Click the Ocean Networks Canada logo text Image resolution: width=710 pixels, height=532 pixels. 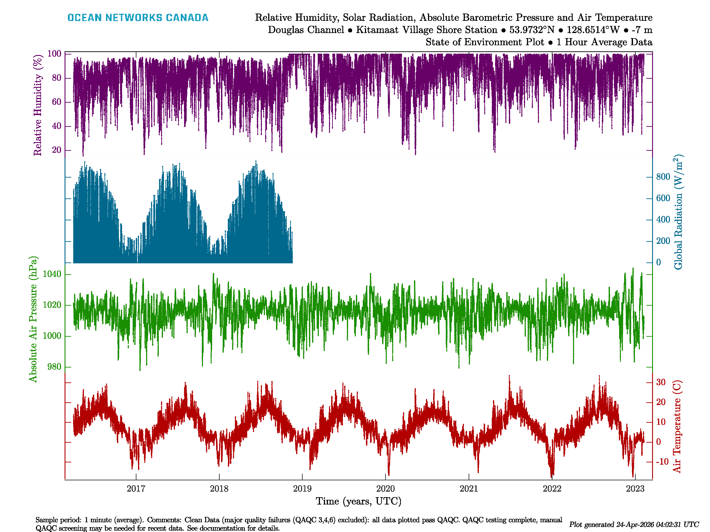[138, 18]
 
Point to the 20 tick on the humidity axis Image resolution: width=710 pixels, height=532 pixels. [57, 150]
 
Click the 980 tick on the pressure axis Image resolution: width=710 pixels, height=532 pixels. [54, 367]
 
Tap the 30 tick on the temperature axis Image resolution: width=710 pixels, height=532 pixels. [661, 382]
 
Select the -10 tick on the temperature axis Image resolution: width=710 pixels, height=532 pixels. [662, 462]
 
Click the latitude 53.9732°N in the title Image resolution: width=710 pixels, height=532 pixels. [532, 30]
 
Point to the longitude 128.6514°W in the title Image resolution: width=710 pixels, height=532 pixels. [593, 30]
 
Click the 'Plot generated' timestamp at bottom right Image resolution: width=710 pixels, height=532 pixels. [634, 524]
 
